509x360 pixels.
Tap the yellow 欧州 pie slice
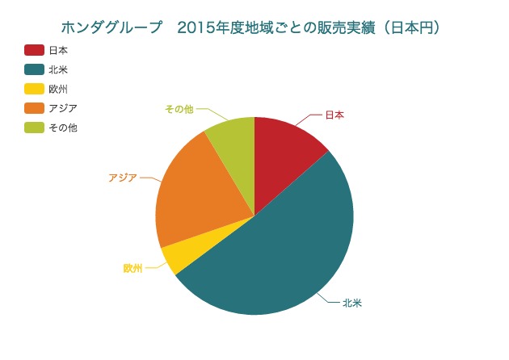(x=175, y=257)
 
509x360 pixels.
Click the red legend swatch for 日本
(x=34, y=50)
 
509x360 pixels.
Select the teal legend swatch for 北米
(x=34, y=69)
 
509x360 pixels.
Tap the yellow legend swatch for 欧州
(x=34, y=89)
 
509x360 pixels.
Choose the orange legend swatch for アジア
(x=34, y=108)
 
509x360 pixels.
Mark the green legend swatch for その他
(x=34, y=128)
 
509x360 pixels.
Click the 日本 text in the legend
(x=58, y=50)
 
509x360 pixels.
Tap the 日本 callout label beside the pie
(x=334, y=115)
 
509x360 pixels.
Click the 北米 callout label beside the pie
(x=351, y=303)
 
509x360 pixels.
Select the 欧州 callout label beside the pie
(x=133, y=268)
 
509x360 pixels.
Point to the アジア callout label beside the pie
(x=123, y=177)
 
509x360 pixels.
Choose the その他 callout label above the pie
(x=179, y=109)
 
